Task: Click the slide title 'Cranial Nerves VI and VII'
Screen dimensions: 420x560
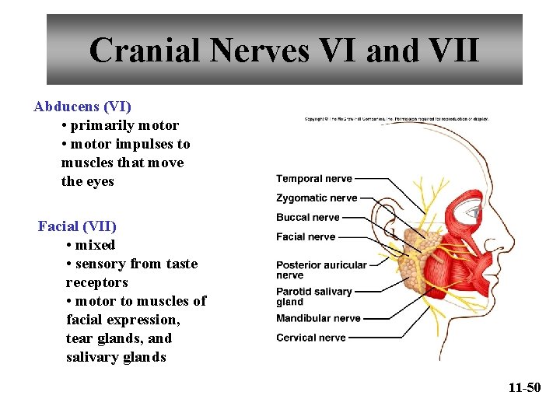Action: [284, 51]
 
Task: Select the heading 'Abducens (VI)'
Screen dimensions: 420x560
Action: [82, 106]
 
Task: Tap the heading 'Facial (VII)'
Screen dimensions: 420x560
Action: [77, 226]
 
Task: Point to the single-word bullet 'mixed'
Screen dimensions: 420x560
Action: [94, 245]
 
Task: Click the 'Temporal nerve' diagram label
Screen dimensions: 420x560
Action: [314, 179]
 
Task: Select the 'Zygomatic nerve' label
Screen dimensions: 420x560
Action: [317, 198]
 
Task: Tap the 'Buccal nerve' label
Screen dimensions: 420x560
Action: [308, 218]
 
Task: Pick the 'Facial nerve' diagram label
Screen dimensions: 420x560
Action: [306, 236]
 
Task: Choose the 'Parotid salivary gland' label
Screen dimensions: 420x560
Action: [314, 296]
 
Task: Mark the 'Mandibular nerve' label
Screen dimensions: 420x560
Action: [318, 318]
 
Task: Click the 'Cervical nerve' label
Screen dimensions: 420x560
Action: [310, 338]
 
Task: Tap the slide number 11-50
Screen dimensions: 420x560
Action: [523, 387]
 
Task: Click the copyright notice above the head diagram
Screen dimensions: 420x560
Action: [396, 119]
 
